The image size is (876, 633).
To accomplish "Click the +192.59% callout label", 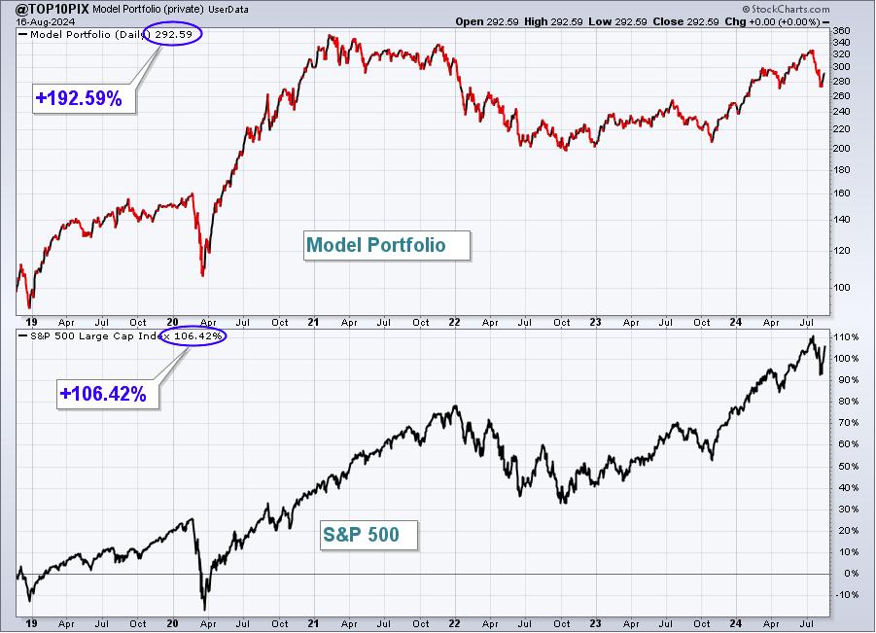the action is coord(79,98).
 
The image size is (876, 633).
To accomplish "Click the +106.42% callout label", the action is coord(103,394).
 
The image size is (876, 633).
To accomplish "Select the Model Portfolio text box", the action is coord(387,245).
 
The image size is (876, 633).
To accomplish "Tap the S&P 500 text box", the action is coord(368,535).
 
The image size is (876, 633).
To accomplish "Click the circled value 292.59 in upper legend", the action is coord(173,34).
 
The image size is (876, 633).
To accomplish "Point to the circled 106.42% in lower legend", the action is coord(193,335).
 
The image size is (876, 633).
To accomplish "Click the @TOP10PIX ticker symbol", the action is coord(53,9).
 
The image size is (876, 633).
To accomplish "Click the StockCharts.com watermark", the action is coord(786,9).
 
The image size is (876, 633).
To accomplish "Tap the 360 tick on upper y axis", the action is coord(841,31).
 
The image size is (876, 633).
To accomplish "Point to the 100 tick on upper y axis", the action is coord(841,287).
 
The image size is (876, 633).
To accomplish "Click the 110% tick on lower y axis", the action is coord(846,336).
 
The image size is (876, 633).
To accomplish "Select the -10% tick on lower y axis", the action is coord(846,594).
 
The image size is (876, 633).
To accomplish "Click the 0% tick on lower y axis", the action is coord(852,574).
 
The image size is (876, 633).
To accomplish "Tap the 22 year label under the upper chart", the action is coord(454,322).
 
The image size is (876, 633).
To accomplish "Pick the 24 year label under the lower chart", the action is coord(736,623).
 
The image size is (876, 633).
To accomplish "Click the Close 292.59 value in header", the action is coord(685,21).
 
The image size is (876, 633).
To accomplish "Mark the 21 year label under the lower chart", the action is coord(313,623).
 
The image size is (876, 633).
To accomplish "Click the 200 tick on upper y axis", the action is coord(841,148).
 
